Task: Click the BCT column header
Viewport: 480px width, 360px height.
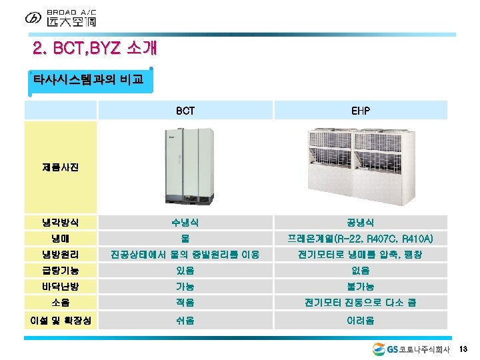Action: click(x=185, y=111)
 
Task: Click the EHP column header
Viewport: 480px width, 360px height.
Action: click(x=361, y=111)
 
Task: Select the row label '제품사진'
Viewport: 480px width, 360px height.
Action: click(x=61, y=166)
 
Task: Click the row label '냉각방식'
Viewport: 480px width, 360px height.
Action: click(x=61, y=222)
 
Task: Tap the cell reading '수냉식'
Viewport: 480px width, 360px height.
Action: click(x=185, y=222)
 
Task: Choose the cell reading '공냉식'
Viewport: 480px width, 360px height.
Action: click(x=361, y=222)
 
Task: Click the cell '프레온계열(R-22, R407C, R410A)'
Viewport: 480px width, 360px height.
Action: click(x=361, y=238)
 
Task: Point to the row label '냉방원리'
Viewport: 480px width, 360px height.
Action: click(x=61, y=254)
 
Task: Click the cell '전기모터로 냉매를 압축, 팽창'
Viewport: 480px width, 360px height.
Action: click(x=361, y=254)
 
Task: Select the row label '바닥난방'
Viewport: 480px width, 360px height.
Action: click(x=61, y=286)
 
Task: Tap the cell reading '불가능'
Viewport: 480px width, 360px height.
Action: click(x=361, y=286)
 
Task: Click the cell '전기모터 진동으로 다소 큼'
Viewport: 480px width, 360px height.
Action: click(x=361, y=302)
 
